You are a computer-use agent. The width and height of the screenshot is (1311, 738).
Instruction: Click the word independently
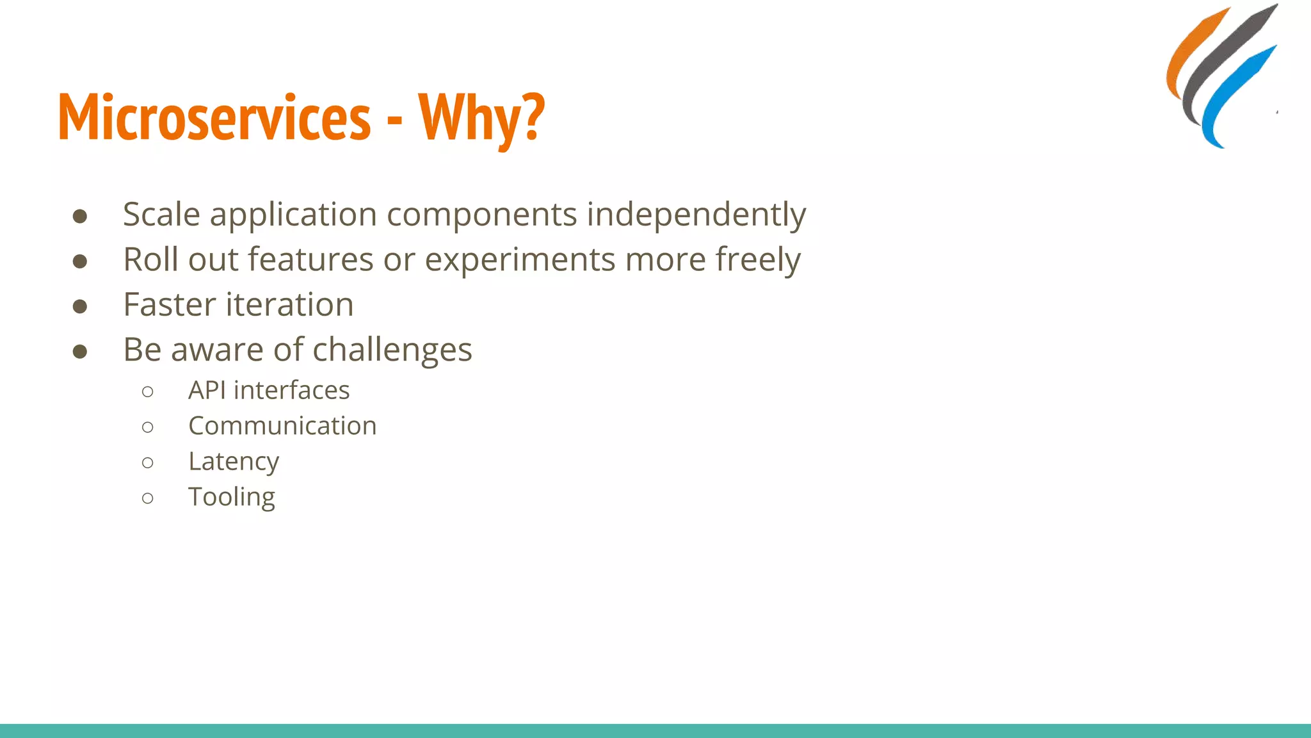tap(696, 215)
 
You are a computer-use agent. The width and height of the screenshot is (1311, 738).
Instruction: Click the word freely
tap(757, 260)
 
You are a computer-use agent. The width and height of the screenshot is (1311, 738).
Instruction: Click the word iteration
tap(290, 305)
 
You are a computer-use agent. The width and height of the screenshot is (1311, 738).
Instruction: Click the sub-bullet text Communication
tap(282, 426)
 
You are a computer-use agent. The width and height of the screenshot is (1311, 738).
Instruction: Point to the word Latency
tap(234, 462)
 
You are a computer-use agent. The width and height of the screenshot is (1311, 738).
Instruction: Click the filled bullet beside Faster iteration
tap(80, 306)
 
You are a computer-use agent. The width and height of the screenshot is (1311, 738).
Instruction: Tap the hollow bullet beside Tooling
tap(148, 498)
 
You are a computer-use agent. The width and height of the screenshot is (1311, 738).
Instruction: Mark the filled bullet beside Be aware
tap(80, 351)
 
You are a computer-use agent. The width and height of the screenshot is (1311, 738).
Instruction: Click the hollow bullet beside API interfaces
tap(148, 391)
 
